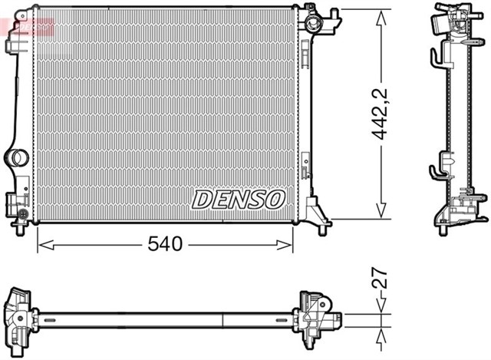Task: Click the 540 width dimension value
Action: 165,245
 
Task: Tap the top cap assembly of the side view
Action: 448,19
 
